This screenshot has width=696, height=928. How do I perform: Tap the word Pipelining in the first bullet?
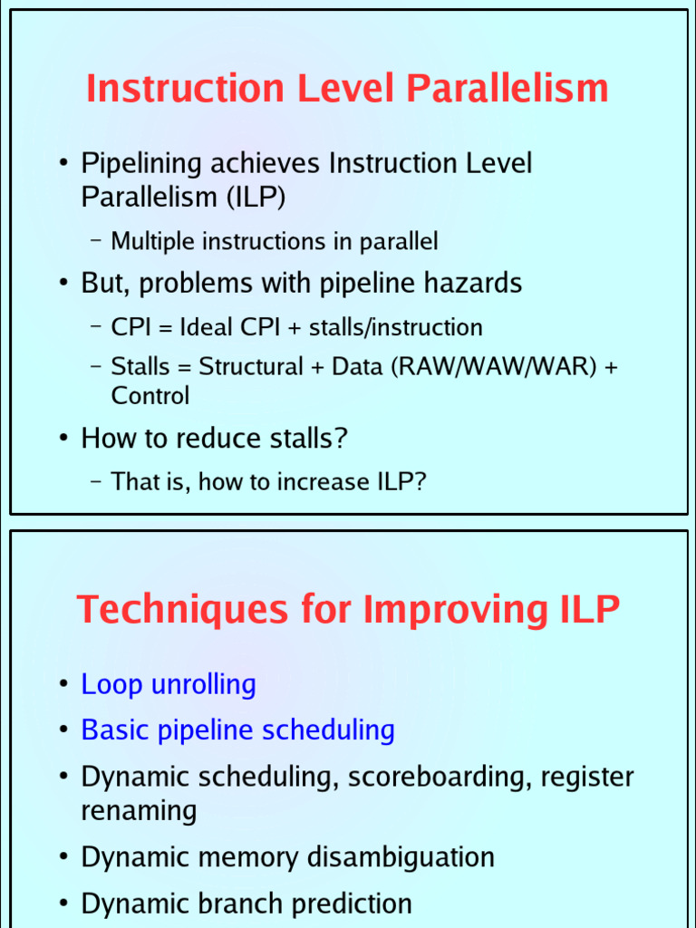click(x=142, y=164)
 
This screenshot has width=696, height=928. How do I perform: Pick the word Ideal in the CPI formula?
click(x=208, y=327)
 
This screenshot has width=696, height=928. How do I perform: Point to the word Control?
click(x=150, y=396)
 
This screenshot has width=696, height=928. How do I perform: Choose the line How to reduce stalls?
click(x=215, y=439)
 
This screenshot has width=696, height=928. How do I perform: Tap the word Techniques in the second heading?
click(x=173, y=609)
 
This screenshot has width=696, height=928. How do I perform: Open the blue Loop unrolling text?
click(x=169, y=684)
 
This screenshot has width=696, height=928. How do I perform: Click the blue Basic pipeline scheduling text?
click(x=237, y=730)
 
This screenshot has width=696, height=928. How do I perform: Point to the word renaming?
click(x=139, y=810)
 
